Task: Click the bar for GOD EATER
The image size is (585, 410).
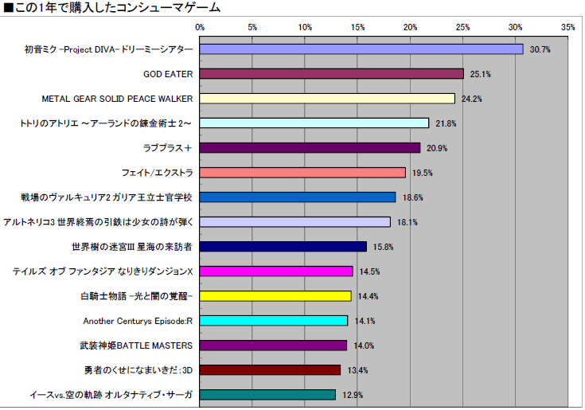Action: point(331,74)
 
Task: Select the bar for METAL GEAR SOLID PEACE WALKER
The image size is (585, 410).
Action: point(327,99)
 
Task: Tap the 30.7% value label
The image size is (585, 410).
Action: point(540,49)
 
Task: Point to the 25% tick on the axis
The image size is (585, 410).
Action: point(463,27)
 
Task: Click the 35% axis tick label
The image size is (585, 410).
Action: point(567,27)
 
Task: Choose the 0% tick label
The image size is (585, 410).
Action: point(200,27)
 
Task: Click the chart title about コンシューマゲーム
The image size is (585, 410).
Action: point(112,8)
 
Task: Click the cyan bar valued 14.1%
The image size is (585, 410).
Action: point(274,321)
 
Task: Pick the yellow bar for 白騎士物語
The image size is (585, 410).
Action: point(275,296)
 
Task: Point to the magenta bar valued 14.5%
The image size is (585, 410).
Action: point(275,271)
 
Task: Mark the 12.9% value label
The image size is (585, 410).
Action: point(353,395)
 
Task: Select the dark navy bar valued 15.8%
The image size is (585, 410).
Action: point(283,247)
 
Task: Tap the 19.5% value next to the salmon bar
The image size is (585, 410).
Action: point(423,173)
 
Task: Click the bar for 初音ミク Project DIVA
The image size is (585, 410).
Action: point(361,49)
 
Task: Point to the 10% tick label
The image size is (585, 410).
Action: point(305,27)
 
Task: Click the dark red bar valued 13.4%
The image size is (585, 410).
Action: point(270,370)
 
